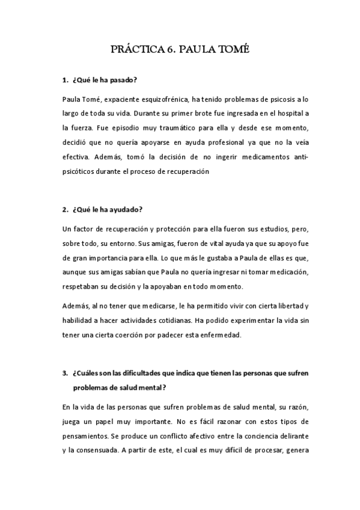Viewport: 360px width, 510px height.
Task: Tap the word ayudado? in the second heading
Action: (126, 210)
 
